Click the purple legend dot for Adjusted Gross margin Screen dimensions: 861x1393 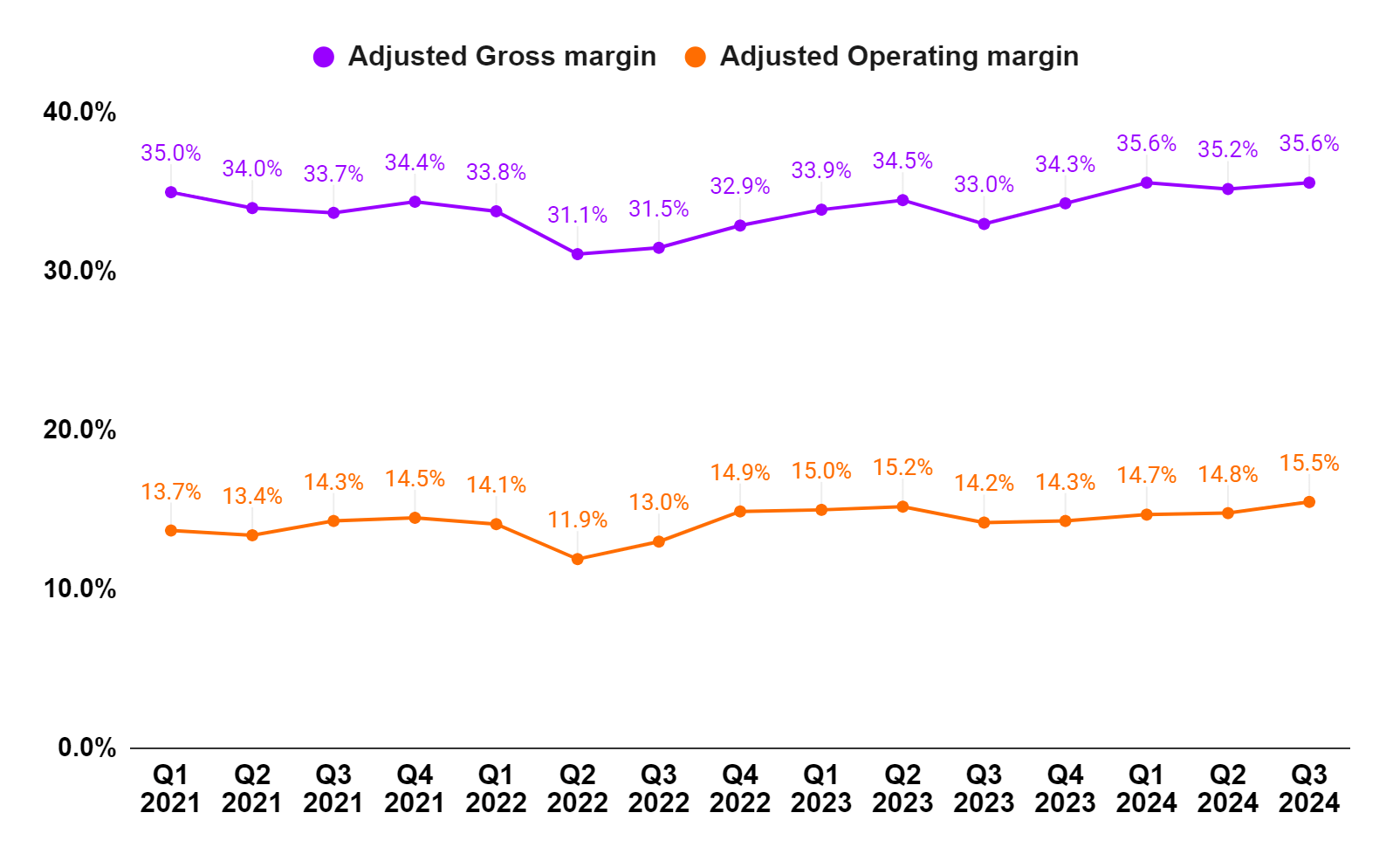(324, 58)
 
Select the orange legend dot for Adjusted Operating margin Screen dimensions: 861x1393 (695, 58)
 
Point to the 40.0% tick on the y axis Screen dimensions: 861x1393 (79, 112)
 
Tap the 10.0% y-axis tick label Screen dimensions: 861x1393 (79, 589)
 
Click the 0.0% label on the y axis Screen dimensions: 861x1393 (86, 747)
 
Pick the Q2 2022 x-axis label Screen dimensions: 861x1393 (577, 789)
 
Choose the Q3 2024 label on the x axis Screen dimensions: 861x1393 (1308, 789)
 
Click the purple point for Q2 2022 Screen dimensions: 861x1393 (577, 254)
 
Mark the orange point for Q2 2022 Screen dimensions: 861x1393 (577, 559)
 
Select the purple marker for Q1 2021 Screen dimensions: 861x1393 (171, 192)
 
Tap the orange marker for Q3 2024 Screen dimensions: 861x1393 (1308, 502)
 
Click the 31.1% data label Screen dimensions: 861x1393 (577, 215)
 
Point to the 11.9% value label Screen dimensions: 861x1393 (577, 520)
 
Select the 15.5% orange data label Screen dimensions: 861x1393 (1308, 463)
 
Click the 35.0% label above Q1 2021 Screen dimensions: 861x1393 (171, 153)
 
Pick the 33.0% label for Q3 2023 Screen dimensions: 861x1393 (984, 184)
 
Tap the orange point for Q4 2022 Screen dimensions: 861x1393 (740, 512)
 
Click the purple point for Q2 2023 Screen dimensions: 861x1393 (902, 200)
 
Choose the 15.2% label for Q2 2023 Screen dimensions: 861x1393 (902, 467)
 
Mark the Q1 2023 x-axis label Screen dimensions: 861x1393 (821, 789)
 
